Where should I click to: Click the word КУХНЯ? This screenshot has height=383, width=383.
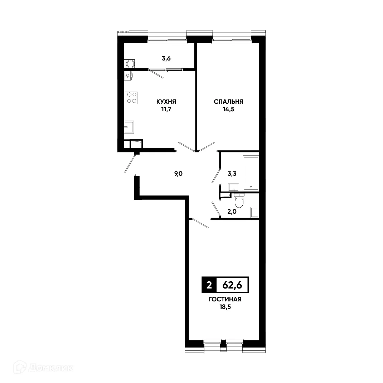166,101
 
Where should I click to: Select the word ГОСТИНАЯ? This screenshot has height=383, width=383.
225,300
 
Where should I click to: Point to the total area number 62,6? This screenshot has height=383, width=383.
232,285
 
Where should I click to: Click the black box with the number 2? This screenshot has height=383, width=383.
209,285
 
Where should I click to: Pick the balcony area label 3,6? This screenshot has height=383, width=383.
166,58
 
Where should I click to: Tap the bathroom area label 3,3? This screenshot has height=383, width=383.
232,174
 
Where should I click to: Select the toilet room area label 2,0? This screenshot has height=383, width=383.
232,211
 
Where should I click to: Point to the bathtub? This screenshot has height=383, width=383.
251,173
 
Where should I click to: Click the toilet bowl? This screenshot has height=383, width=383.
238,201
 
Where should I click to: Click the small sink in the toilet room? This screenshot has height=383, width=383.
254,212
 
